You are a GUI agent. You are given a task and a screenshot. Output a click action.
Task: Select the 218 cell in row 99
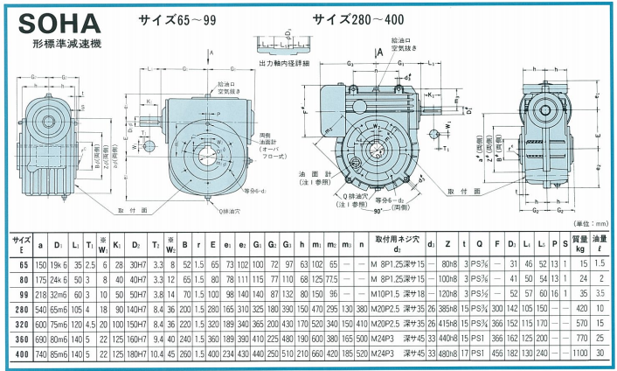click(x=40, y=295)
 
